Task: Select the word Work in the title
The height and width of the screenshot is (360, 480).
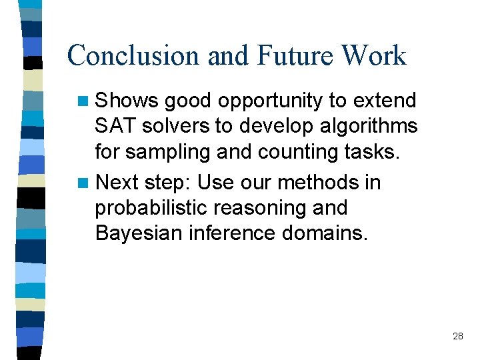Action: (375, 55)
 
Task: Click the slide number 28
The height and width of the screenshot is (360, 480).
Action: (457, 336)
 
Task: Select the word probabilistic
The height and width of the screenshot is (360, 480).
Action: (150, 208)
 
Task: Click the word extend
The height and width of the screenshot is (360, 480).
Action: (384, 101)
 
